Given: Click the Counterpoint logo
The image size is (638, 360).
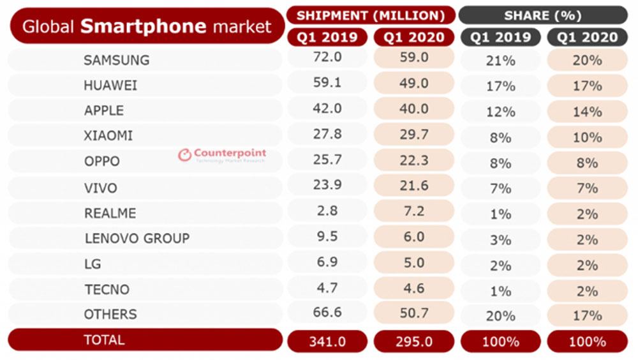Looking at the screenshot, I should point(221,154).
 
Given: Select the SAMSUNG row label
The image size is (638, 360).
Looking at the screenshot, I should point(116,60).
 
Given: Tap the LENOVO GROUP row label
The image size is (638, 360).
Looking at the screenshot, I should point(137,239).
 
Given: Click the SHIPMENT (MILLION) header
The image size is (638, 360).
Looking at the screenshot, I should point(371,15).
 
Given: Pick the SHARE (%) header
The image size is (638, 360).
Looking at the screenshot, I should point(542,15).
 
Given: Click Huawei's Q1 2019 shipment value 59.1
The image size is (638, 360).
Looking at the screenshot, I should point(327,85).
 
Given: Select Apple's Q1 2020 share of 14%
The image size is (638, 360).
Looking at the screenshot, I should point(587,111).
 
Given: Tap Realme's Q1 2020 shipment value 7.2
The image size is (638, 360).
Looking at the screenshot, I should point(413,213).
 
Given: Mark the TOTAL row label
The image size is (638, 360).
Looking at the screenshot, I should point(105,340).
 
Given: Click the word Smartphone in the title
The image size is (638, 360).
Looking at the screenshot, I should point(144,26).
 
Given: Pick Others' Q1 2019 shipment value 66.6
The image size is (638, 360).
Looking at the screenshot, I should point(327,314).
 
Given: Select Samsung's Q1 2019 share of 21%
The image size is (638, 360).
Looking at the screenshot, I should point(501,60).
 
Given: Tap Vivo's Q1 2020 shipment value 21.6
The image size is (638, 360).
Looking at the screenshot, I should point(413,188).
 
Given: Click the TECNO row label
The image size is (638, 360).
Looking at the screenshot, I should point(107,289).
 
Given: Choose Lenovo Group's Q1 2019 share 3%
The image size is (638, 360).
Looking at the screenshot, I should point(501,239).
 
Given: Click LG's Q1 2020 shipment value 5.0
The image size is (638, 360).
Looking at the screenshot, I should point(413,263).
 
